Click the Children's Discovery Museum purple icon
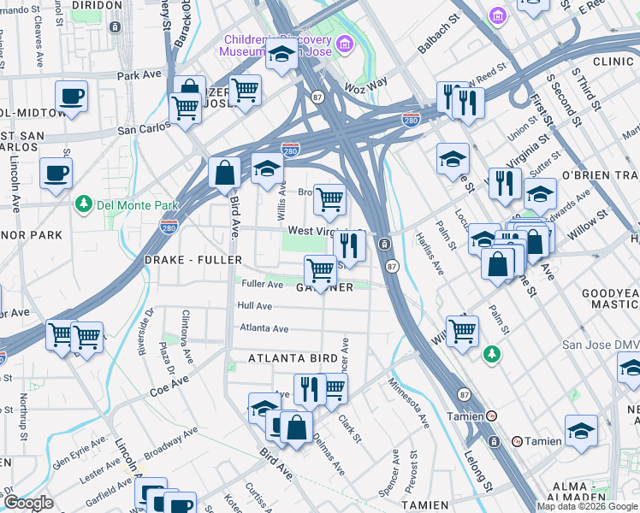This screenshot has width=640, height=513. click(344, 43)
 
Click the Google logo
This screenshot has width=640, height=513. click(28, 502)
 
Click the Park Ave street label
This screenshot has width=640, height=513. click(139, 75)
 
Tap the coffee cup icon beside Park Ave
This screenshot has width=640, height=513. click(72, 97)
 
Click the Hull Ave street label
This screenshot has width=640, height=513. click(255, 305)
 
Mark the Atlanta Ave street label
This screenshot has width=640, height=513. click(264, 327)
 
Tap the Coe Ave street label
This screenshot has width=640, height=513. click(168, 386)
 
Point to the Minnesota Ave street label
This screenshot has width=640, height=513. click(409, 403)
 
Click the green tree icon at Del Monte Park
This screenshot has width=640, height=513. click(83, 203)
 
